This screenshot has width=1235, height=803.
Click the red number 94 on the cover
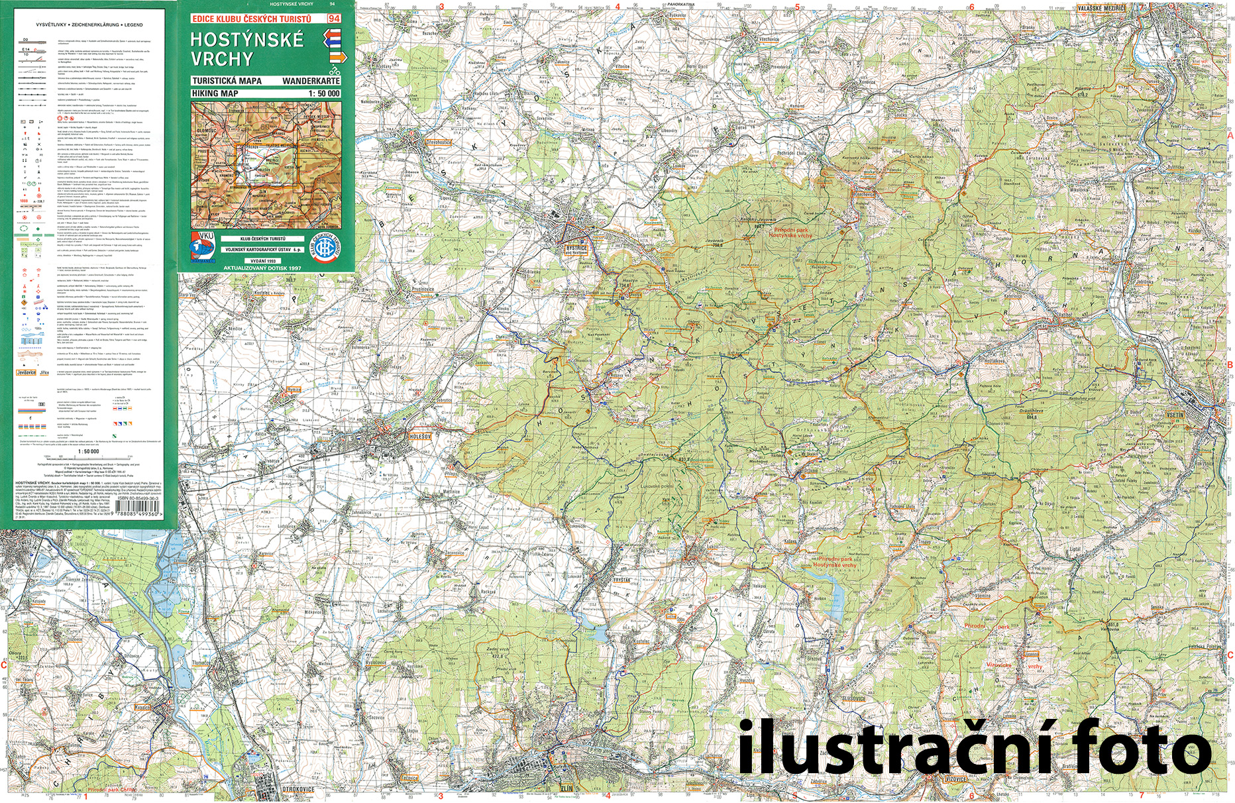coord(334,19)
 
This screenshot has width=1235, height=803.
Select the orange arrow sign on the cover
coord(337,58)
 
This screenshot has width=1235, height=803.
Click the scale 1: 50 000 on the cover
coord(323,93)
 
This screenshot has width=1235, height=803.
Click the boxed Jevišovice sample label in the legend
coord(27,373)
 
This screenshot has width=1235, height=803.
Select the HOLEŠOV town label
coord(419,437)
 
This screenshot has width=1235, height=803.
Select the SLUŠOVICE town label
coord(853,698)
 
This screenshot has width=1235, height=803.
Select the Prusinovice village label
coord(423,289)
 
